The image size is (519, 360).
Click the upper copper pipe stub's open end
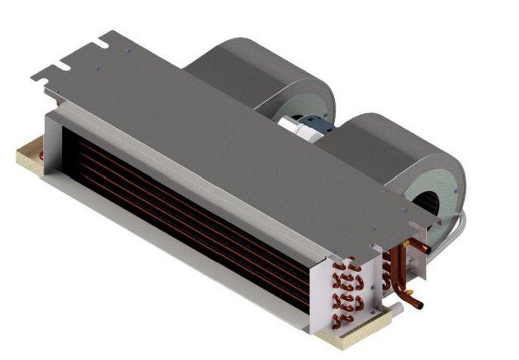coord(429,249)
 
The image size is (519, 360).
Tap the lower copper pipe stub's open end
coord(420,304)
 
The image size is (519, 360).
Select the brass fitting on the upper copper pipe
coord(405,243)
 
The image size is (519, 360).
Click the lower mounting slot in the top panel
coord(61,66)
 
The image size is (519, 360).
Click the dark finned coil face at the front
coord(182,208)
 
